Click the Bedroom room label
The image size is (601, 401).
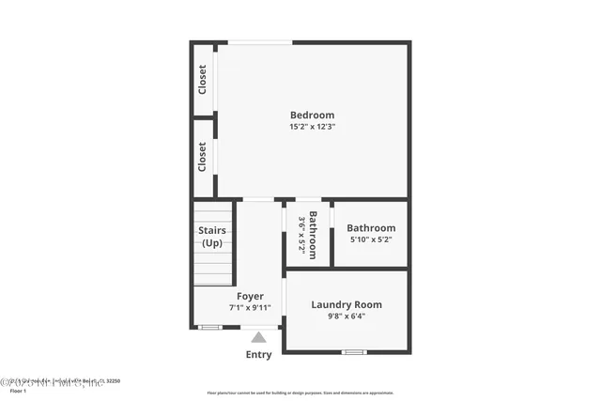click(x=313, y=116)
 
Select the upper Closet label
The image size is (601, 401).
click(x=203, y=79)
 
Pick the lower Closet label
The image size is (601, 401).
click(x=203, y=157)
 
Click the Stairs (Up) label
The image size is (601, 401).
click(x=212, y=237)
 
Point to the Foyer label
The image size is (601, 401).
click(x=250, y=296)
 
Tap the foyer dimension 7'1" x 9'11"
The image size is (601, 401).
click(x=250, y=307)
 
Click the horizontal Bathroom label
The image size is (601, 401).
click(x=371, y=227)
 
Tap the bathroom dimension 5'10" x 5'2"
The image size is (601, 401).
click(x=371, y=239)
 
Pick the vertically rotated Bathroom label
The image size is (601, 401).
click(x=314, y=235)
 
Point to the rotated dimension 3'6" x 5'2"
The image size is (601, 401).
click(x=302, y=235)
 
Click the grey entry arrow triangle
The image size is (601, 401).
click(x=258, y=336)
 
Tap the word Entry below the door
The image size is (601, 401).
click(x=258, y=354)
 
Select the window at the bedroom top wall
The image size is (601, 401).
click(x=260, y=41)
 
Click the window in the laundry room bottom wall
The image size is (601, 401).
click(x=353, y=352)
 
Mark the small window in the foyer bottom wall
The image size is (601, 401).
click(x=210, y=327)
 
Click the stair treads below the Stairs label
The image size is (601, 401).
click(x=213, y=268)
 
